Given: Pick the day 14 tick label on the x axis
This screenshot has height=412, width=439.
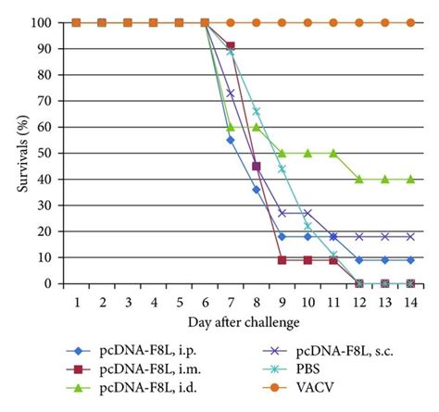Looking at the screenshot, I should coord(409,300).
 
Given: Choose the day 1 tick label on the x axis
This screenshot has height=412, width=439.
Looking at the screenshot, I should coord(77,300).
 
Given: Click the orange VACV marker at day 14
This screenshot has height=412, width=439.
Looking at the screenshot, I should coord(409,22).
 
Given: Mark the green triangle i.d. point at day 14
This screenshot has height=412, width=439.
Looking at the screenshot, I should coord(409,180).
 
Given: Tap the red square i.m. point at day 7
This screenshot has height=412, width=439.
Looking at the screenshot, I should coord(231,45).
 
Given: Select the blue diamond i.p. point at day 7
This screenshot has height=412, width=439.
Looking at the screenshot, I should coord(231,140).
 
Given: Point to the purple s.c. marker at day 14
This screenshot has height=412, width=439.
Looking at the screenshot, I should coord(409,237).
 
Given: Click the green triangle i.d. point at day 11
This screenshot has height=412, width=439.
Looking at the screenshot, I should coord(332,153).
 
